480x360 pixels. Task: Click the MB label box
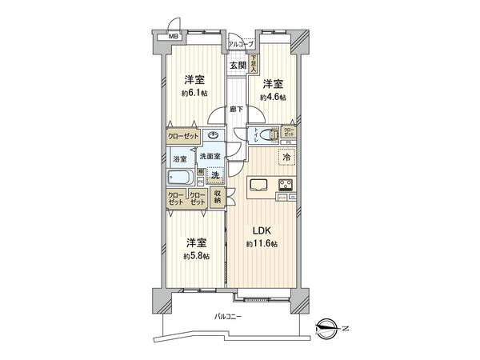pos(172,37)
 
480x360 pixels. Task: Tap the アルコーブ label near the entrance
pos(240,44)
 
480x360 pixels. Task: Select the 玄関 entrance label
pos(238,66)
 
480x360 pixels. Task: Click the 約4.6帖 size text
pos(273,97)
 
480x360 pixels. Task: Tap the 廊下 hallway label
pos(237,109)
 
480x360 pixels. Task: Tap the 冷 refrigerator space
pos(285,157)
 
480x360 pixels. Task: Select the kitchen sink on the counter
pos(261,186)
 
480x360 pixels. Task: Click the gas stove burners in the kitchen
pos(285,186)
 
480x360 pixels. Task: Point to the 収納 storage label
pos(218,197)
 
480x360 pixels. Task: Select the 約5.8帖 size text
pos(195,255)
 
